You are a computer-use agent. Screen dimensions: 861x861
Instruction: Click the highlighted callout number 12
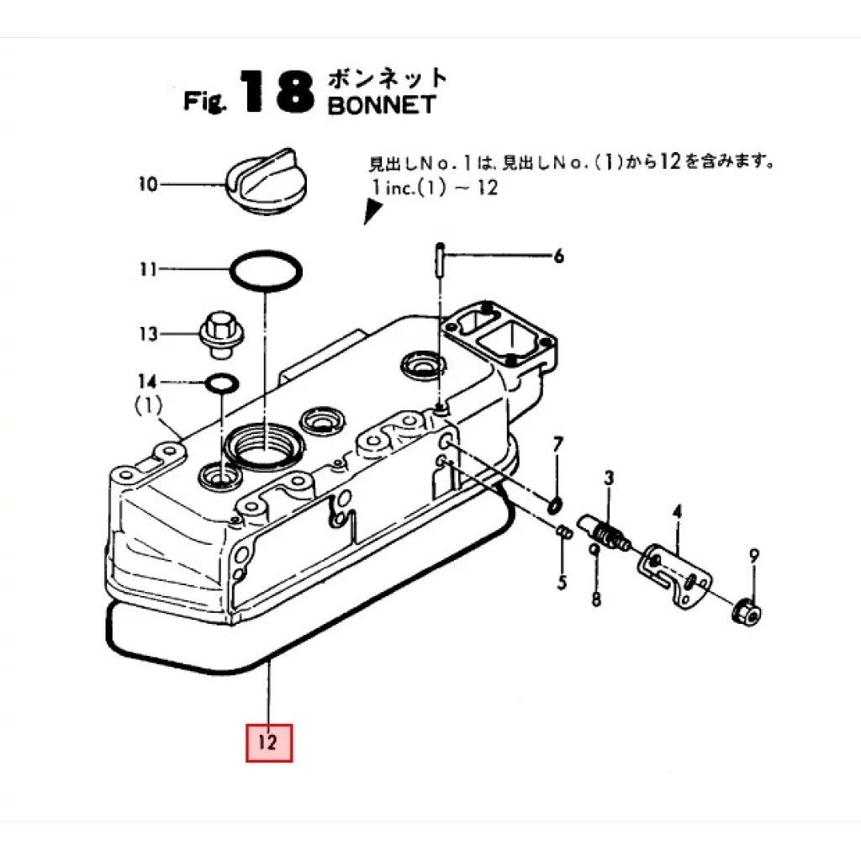(268, 742)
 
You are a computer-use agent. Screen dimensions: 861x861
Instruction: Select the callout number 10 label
(148, 183)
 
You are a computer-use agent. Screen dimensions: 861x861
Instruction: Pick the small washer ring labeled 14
(220, 383)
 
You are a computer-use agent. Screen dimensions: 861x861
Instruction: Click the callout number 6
(558, 257)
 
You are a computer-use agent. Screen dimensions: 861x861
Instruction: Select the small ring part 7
(554, 505)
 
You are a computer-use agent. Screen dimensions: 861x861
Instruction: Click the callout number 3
(609, 478)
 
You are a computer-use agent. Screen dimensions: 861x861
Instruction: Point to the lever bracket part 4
(678, 573)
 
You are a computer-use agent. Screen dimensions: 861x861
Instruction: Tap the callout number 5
(563, 581)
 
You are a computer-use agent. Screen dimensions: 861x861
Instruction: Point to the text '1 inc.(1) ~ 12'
(432, 187)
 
